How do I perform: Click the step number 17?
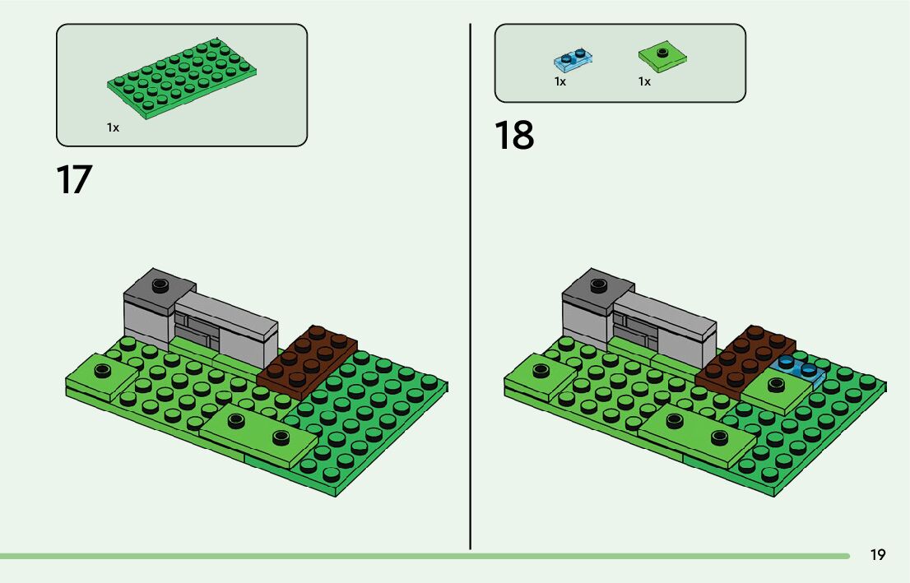click(x=73, y=179)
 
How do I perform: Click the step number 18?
click(x=514, y=136)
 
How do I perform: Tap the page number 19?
click(x=878, y=555)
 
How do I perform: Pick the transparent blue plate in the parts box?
click(x=573, y=60)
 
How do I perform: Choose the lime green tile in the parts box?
click(x=663, y=56)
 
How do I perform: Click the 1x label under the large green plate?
click(x=113, y=127)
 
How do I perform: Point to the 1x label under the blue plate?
click(x=559, y=81)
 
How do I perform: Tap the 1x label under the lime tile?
click(x=644, y=81)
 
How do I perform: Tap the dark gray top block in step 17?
click(x=160, y=288)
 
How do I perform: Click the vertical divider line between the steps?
click(x=470, y=288)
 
